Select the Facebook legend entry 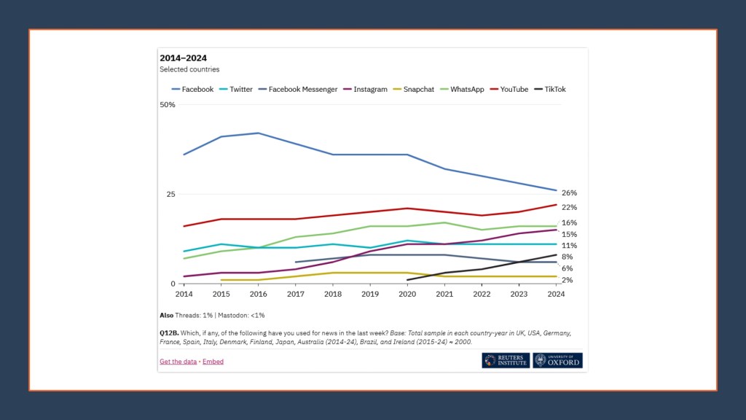tap(192, 90)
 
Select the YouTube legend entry tap(509, 90)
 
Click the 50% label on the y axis tap(168, 105)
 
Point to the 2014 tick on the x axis tap(184, 295)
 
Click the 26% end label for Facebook tap(569, 193)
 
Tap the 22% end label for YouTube tap(569, 208)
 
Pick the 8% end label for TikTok tap(567, 257)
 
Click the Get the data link tap(178, 362)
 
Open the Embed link tap(213, 362)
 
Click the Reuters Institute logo tap(505, 360)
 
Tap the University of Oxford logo tap(557, 360)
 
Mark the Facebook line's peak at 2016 tap(259, 133)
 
